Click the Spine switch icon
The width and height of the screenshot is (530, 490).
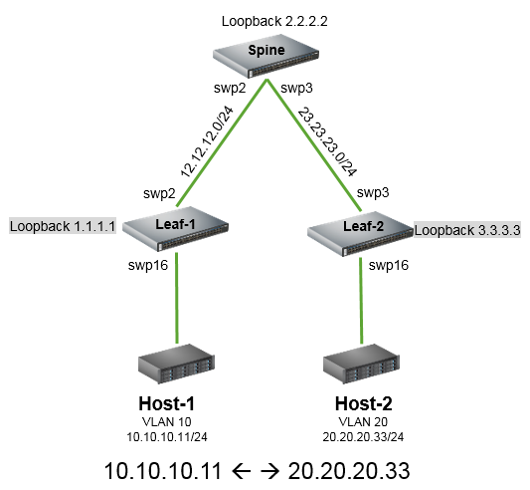click(x=266, y=55)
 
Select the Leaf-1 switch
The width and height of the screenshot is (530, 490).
click(x=175, y=229)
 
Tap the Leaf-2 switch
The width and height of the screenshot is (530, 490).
click(x=360, y=234)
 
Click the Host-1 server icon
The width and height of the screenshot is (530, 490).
click(x=176, y=365)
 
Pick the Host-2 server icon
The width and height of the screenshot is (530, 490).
click(x=361, y=365)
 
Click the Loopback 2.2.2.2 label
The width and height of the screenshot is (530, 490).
click(x=274, y=21)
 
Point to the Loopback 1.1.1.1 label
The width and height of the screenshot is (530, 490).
click(x=63, y=226)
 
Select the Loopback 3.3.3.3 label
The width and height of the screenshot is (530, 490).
click(x=467, y=230)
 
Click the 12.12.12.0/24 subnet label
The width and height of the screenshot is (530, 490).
click(x=207, y=141)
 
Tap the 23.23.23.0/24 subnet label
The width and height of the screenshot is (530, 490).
click(x=327, y=141)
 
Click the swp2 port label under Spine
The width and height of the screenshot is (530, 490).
click(x=230, y=88)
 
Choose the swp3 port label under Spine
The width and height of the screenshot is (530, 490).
click(x=296, y=88)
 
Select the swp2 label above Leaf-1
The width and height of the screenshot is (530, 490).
click(x=159, y=193)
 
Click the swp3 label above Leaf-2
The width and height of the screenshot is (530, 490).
click(x=373, y=192)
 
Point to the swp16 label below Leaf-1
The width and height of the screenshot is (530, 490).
click(x=148, y=265)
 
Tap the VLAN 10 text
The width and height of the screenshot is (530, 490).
click(x=167, y=422)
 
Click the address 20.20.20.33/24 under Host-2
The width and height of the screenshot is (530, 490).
click(x=363, y=437)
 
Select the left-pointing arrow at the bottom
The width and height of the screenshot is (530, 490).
click(x=242, y=471)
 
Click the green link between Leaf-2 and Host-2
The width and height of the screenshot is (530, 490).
click(x=361, y=301)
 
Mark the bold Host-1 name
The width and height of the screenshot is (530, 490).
click(x=167, y=403)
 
